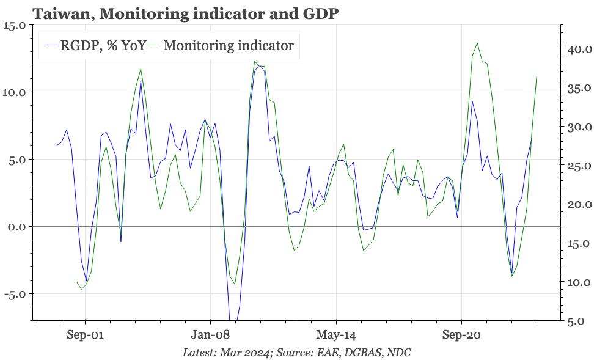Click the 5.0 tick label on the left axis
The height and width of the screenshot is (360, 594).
pos(16,160)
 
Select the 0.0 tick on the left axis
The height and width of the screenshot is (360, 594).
pos(16,227)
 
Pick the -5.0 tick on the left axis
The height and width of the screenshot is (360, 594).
pos(15,293)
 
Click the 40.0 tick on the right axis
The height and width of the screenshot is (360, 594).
pos(578,50)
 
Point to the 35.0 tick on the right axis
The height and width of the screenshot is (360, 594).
pos(578,88)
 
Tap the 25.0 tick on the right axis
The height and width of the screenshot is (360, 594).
pos(578,166)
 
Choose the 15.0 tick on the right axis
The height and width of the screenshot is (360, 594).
pos(578,243)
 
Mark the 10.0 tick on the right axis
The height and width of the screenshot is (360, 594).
pos(578,282)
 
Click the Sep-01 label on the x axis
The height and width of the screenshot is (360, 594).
pos(85,335)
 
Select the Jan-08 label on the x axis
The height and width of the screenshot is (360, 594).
pos(210,335)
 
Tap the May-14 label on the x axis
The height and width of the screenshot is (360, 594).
pos(336,335)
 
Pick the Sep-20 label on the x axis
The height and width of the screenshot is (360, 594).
pos(461,335)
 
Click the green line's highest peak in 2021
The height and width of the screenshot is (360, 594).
pos(477,43)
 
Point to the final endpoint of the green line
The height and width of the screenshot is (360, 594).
pos(537,77)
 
